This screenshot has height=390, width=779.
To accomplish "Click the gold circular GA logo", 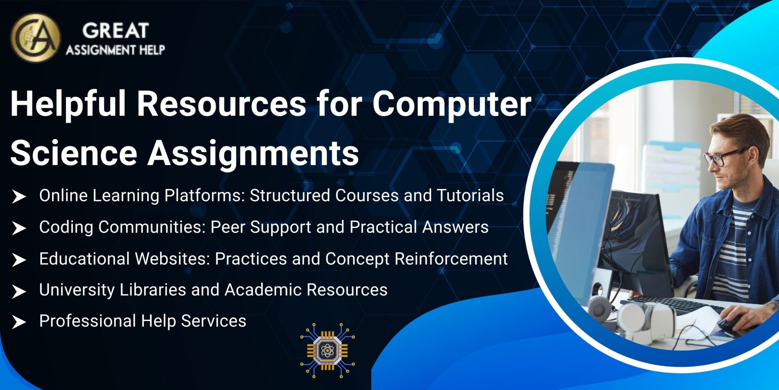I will click(x=36, y=38).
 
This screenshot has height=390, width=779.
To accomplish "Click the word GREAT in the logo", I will click(x=116, y=31).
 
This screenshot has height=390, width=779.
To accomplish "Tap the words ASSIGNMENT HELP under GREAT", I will click(x=116, y=50).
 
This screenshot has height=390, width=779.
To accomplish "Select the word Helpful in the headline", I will click(x=68, y=104).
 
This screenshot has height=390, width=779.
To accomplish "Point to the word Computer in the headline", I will click(x=452, y=104).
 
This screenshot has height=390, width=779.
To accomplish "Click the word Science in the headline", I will click(x=74, y=153).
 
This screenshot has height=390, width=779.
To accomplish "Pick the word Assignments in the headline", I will click(x=253, y=153).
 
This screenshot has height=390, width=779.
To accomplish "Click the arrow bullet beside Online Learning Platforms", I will click(x=19, y=197).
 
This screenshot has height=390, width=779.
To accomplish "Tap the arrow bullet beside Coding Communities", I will click(x=19, y=228).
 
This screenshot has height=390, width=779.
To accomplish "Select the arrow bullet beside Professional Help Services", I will click(x=19, y=322).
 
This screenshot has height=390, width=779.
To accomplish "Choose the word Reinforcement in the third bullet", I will click(x=451, y=259).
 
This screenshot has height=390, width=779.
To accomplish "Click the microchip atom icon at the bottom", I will click(x=327, y=350).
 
